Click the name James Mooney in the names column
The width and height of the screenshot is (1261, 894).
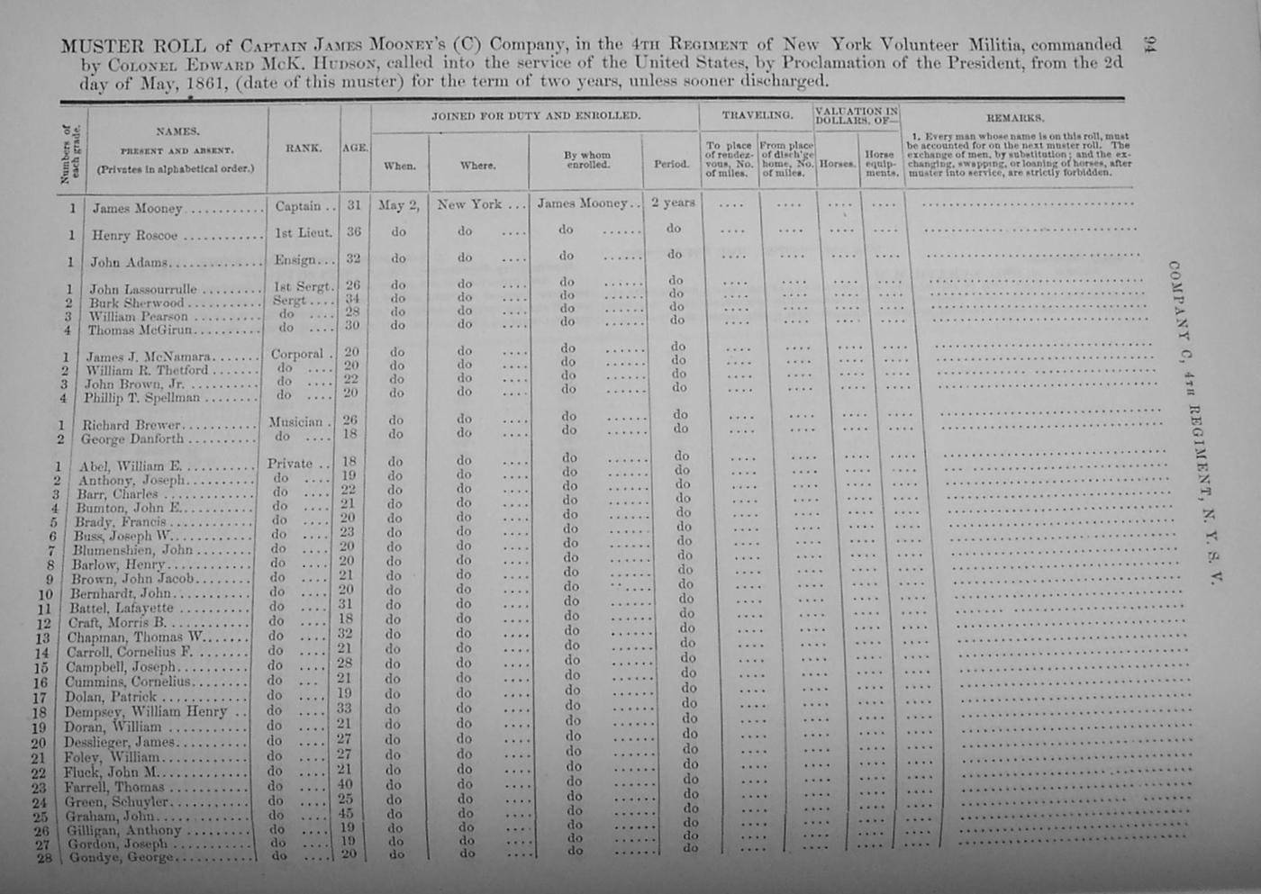pyautogui.click(x=137, y=208)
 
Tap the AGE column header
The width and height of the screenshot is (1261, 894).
pyautogui.click(x=355, y=148)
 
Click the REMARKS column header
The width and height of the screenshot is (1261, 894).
pyautogui.click(x=1015, y=117)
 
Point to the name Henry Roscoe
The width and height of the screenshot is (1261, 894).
pyautogui.click(x=134, y=235)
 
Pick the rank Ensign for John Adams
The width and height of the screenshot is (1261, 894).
pyautogui.click(x=296, y=259)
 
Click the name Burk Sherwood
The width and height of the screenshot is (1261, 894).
pyautogui.click(x=136, y=303)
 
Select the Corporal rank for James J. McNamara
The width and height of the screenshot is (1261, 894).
pyautogui.click(x=297, y=355)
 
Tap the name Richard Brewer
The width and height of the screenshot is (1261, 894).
pyautogui.click(x=132, y=425)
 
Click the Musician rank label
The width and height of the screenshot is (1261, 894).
pyautogui.click(x=295, y=422)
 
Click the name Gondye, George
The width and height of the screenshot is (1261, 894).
pyautogui.click(x=119, y=858)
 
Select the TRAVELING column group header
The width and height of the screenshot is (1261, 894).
pyautogui.click(x=758, y=115)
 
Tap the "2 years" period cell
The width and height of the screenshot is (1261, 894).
pyautogui.click(x=673, y=203)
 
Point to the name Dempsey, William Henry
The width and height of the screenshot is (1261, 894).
pyautogui.click(x=146, y=712)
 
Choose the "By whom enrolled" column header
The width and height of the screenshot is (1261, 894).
pyautogui.click(x=587, y=160)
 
